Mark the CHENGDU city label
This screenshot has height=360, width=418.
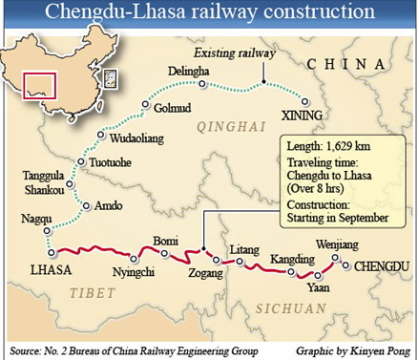pyautogui.click(x=381, y=266)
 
